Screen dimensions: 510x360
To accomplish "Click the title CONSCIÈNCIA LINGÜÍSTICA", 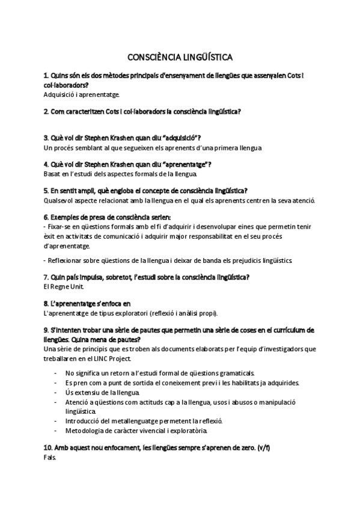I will tap(180, 57).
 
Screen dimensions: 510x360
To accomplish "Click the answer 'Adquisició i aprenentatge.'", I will tap(82, 94).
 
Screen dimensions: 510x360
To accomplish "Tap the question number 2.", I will tap(46, 111).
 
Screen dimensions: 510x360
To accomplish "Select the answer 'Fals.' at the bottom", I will tap(50, 457).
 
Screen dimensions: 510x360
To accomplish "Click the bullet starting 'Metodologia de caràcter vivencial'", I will tap(136, 431).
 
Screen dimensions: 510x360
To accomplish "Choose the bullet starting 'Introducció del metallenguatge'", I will tap(153, 421).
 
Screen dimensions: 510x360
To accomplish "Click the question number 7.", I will tap(46, 277).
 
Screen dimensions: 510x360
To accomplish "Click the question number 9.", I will tap(46, 330).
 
